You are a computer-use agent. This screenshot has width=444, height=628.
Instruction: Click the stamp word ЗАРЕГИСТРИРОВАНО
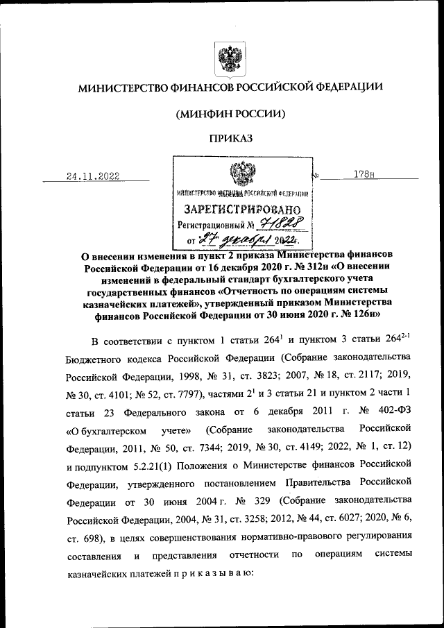click(x=242, y=209)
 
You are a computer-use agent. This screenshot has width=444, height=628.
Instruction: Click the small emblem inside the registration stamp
click(x=242, y=171)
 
